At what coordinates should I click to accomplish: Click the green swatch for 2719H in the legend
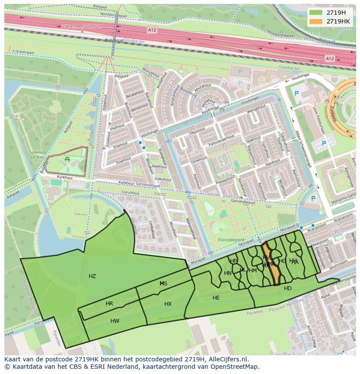pos(317,12)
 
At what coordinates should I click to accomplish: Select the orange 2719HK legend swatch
pos(317,21)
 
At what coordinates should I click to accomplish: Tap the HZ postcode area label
pos(92,276)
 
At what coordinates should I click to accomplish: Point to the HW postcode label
pos(115,321)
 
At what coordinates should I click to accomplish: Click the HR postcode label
pos(109,304)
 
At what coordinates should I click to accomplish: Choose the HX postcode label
pos(168,304)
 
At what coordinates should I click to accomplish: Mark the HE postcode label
pos(216,298)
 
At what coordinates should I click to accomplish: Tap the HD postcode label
pos(288,288)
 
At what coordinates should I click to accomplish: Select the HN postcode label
pos(227,273)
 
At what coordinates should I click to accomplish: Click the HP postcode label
pos(233,261)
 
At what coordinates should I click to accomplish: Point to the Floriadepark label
pos(230,239)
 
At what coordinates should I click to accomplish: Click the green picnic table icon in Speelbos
pos(67,159)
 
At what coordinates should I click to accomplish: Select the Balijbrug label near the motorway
pos(114,40)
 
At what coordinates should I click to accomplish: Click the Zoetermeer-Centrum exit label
pos(82,26)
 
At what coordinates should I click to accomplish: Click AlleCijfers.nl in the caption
pos(227,359)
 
